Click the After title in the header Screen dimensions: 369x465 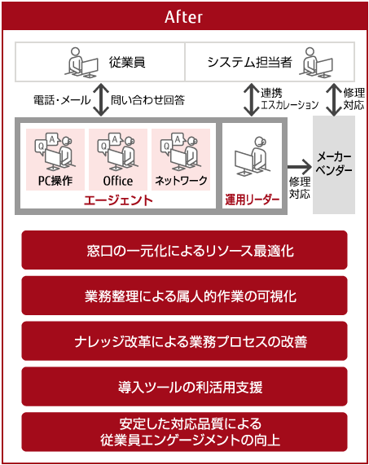click(183, 16)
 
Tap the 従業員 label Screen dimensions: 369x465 click(127, 62)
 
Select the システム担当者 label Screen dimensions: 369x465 click(250, 62)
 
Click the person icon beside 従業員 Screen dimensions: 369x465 click(81, 63)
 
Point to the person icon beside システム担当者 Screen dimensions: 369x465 click(316, 63)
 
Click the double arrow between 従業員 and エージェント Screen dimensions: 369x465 click(102, 99)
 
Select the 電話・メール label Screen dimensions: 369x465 click(62, 100)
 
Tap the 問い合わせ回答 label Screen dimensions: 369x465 click(147, 100)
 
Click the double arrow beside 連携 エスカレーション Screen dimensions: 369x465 click(251, 99)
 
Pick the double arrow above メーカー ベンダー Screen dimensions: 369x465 click(334, 99)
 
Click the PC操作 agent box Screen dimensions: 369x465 click(55, 160)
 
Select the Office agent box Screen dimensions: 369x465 click(118, 160)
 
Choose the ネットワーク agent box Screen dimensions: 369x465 click(181, 160)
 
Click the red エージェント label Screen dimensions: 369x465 click(118, 200)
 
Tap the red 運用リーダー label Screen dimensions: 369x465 click(253, 200)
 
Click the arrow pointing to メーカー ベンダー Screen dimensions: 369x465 click(300, 167)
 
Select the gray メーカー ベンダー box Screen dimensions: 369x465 click(334, 165)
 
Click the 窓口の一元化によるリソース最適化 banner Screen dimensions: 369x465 click(184, 250)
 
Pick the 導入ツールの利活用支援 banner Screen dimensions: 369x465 click(184, 386)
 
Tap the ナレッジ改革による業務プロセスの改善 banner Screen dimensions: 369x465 click(184, 341)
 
